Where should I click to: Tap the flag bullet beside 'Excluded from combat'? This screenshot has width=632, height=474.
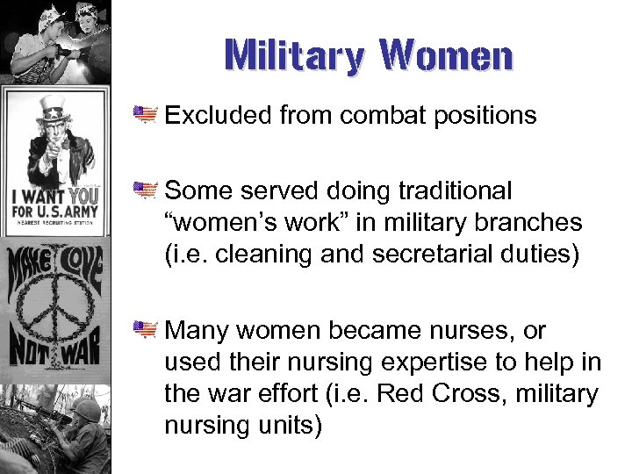coord(145,114)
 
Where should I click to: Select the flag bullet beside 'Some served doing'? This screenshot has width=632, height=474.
coord(145,190)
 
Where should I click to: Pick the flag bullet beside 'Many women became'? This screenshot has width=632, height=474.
coord(145,330)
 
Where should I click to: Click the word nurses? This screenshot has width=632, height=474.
coord(465,331)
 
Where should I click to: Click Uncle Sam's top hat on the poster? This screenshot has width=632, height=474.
coord(54,110)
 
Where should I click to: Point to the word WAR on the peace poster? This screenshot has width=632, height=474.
coord(83,355)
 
